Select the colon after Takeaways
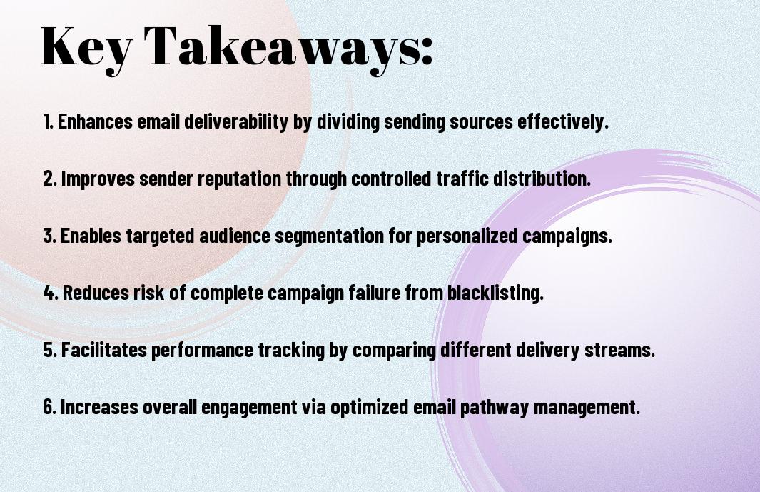427,51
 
